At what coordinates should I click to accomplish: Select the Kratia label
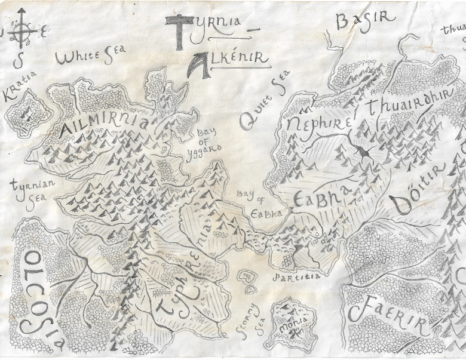[20, 87]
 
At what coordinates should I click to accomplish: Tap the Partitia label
[296, 278]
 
